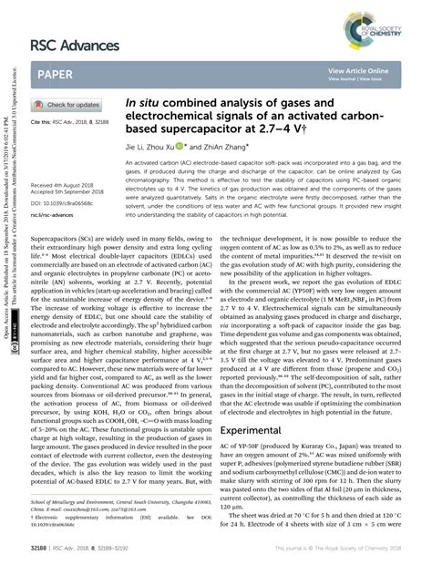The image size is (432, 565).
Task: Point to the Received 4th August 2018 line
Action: click(x=66, y=184)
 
